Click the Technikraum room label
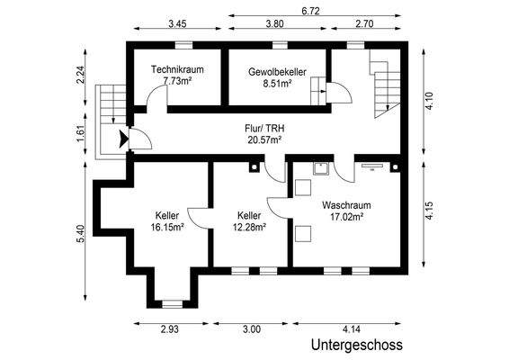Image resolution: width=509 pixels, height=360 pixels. click(x=177, y=68)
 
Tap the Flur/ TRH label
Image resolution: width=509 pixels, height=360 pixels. click(x=264, y=129)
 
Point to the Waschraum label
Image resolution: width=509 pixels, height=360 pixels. click(x=346, y=205)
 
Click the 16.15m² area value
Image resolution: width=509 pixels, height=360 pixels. click(x=167, y=228)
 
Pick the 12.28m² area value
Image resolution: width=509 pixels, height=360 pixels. click(x=249, y=228)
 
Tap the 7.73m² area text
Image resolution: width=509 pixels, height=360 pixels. click(x=177, y=81)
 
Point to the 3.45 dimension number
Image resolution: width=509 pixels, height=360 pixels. click(x=177, y=25)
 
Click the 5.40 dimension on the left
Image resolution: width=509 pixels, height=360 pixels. click(x=81, y=234)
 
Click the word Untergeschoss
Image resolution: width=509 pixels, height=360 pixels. click(x=356, y=346)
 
